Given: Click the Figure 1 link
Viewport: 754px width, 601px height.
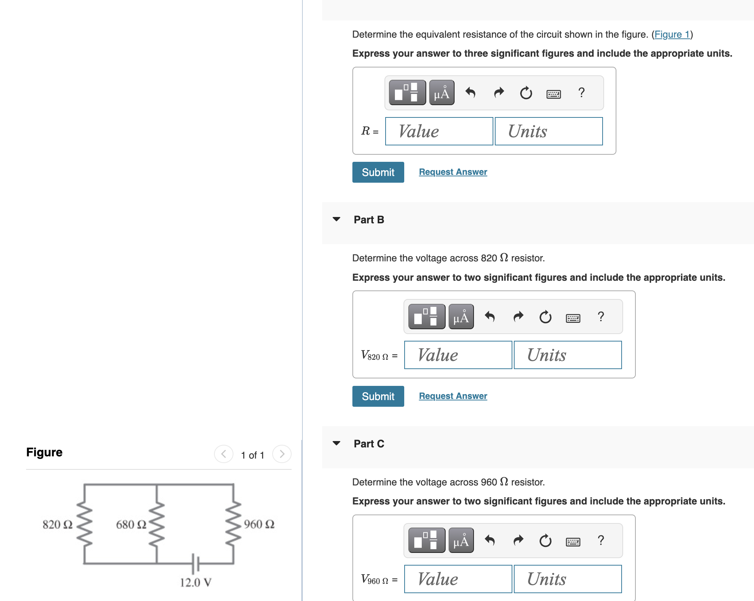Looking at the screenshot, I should [x=672, y=35].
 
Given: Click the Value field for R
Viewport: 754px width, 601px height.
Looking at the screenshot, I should [x=439, y=131].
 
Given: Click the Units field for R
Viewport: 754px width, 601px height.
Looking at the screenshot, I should [x=549, y=131].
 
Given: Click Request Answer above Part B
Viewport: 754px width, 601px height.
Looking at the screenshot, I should [x=453, y=172].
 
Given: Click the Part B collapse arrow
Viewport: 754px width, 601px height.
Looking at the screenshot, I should [x=336, y=219].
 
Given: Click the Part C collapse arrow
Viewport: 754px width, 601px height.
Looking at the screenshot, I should [x=336, y=443].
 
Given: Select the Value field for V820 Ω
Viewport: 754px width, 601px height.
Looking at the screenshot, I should [x=458, y=355].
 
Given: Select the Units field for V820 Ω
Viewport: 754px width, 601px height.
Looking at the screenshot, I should [x=568, y=355].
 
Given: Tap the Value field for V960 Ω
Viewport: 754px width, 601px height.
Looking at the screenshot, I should [x=458, y=579].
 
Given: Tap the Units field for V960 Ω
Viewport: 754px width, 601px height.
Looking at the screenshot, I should [x=568, y=579].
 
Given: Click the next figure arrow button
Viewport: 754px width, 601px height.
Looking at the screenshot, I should [x=282, y=454].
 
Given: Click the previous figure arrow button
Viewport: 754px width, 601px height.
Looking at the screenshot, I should [x=224, y=454].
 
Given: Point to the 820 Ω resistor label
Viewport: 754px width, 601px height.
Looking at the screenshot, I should [x=57, y=525].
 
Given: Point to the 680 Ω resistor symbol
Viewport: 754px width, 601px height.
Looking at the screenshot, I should [x=157, y=524].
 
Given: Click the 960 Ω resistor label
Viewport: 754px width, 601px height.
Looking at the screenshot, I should [x=259, y=525].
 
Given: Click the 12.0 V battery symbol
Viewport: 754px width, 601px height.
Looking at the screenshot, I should [x=195, y=563].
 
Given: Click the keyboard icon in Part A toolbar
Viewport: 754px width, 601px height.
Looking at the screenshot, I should [x=553, y=93].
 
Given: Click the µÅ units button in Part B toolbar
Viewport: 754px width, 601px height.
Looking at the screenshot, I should [x=461, y=317].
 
